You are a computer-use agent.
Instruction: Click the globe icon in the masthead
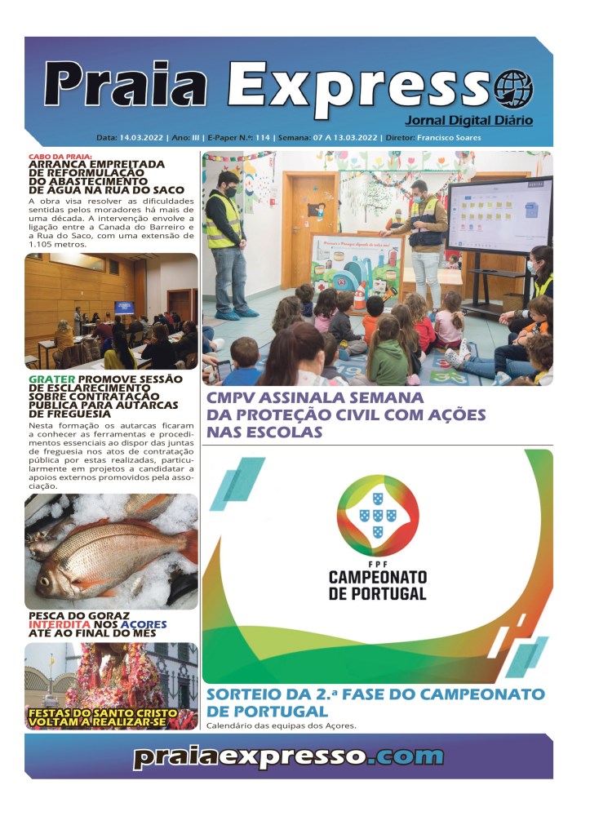click(x=514, y=87)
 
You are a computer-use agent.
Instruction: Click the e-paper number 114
click(x=262, y=138)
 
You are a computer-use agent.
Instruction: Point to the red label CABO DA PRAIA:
click(x=60, y=156)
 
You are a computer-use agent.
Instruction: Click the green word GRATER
click(x=51, y=379)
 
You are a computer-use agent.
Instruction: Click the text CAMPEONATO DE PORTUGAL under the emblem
click(x=377, y=584)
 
